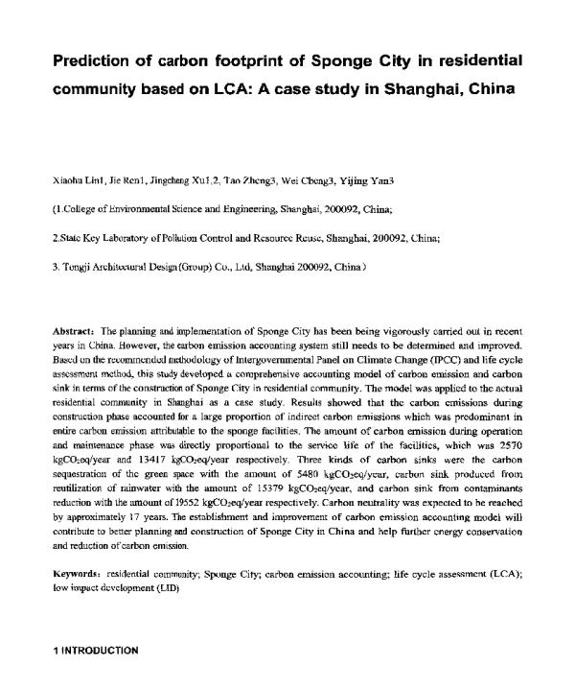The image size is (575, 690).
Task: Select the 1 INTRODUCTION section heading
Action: point(95,651)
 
